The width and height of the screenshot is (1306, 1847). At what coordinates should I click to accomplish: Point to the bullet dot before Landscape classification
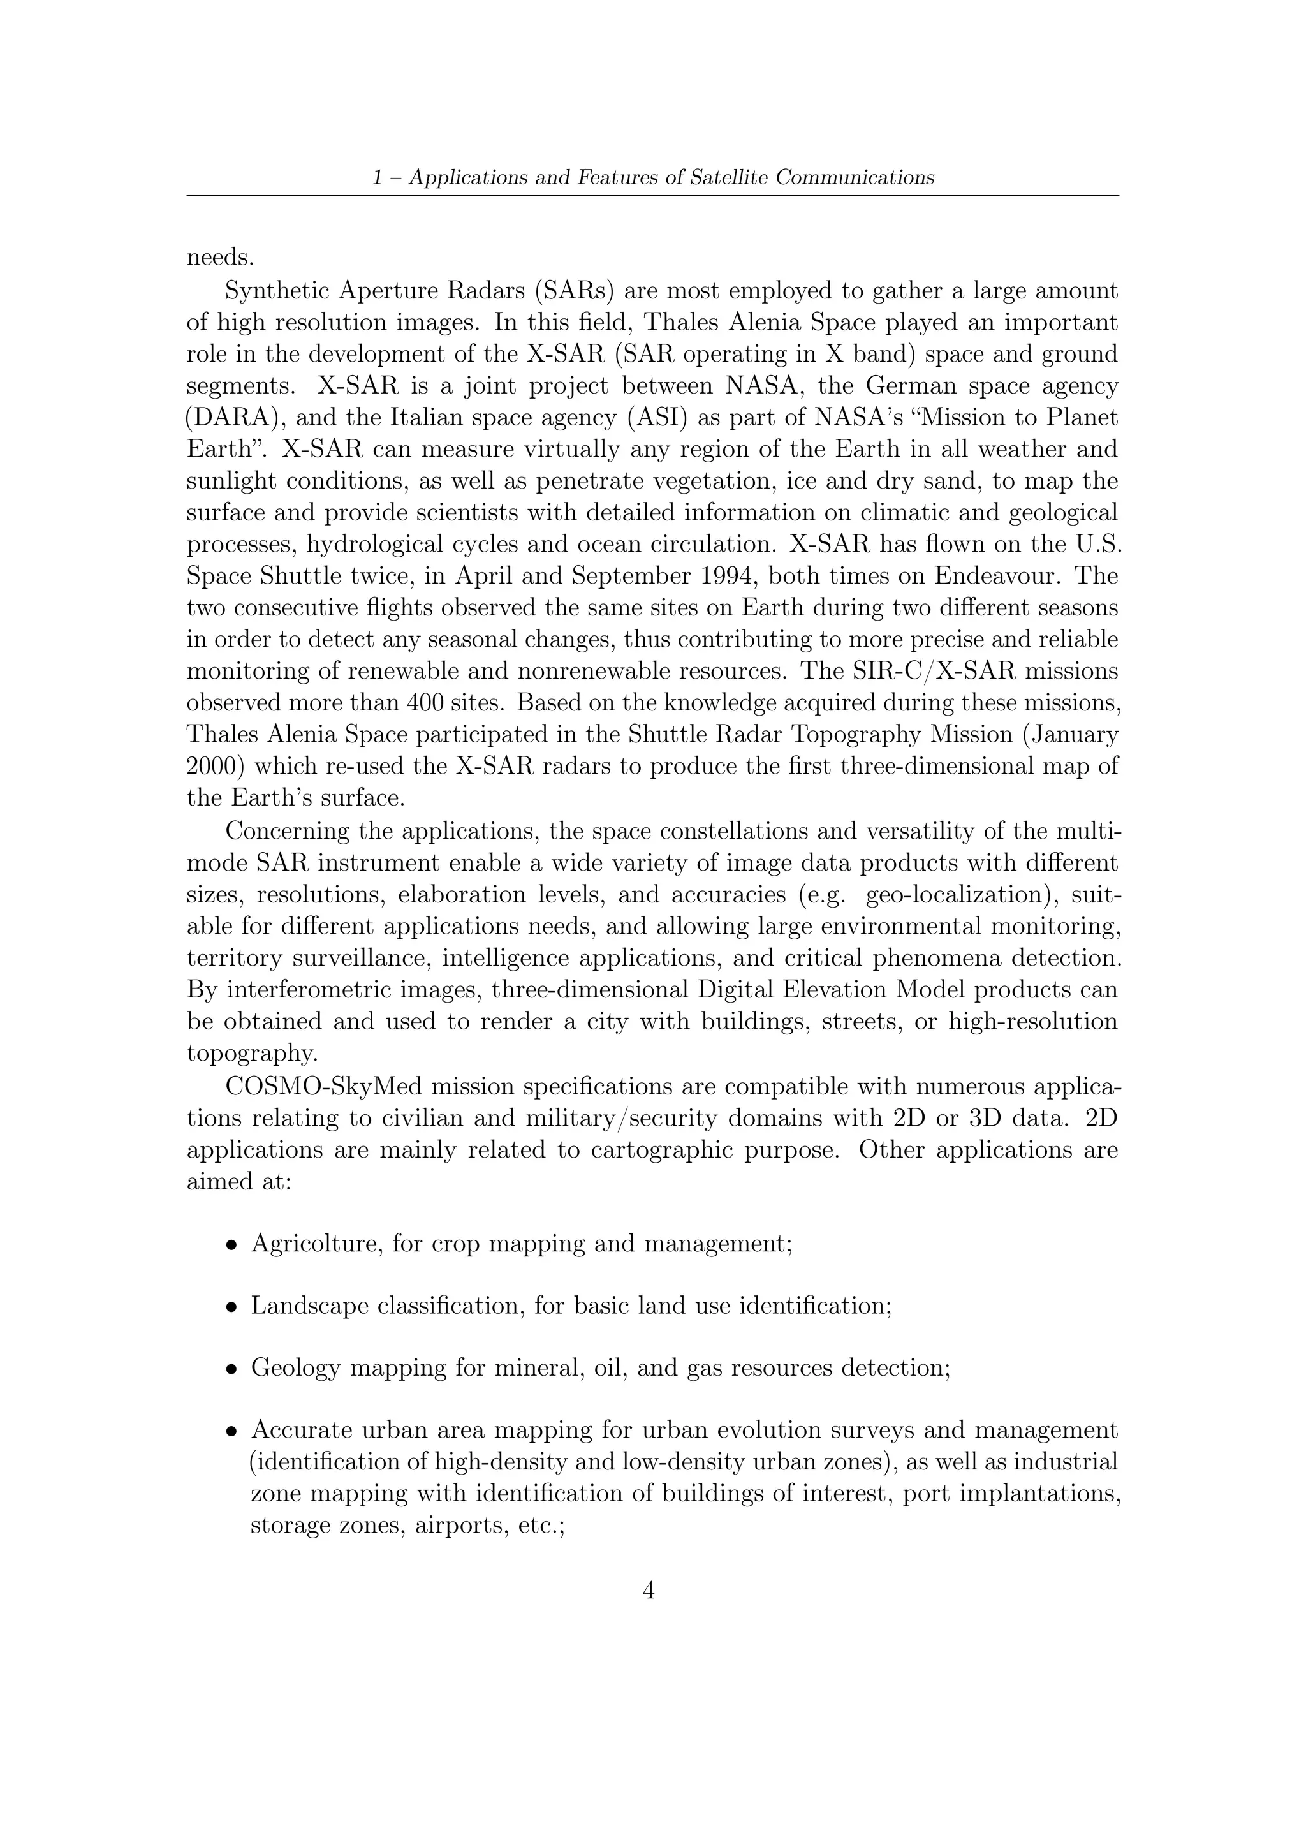tap(231, 1308)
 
